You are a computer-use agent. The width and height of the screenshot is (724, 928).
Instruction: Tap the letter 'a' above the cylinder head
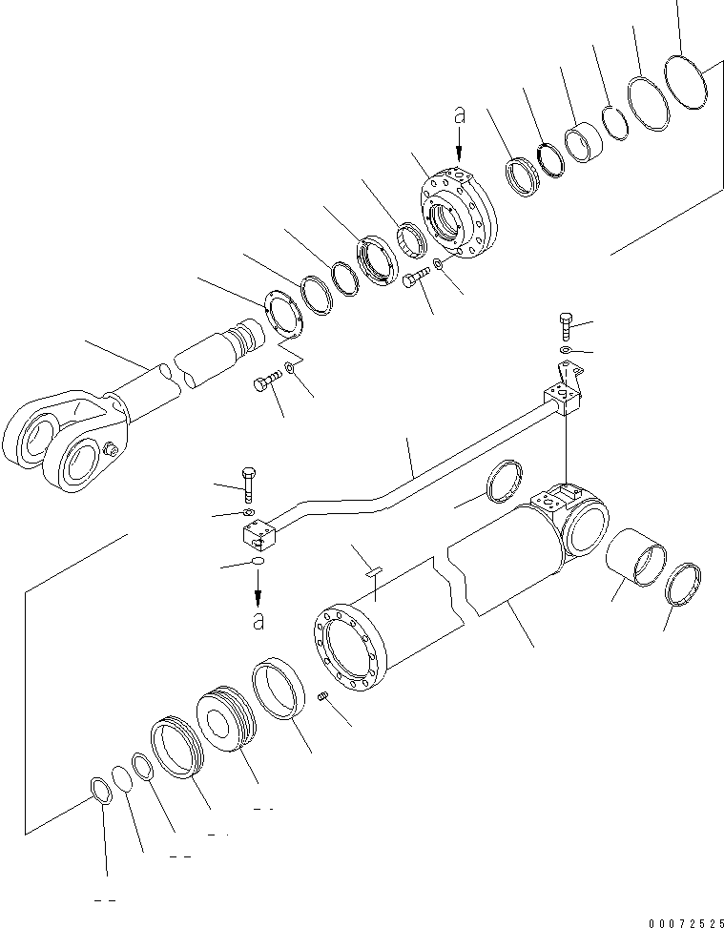pos(460,115)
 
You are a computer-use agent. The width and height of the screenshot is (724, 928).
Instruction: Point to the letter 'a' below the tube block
pos(256,621)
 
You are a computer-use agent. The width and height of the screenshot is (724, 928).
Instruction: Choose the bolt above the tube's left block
pos(247,484)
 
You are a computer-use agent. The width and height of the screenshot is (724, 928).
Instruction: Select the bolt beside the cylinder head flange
pos(413,278)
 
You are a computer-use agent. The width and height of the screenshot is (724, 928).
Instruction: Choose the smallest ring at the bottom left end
pos(100,787)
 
